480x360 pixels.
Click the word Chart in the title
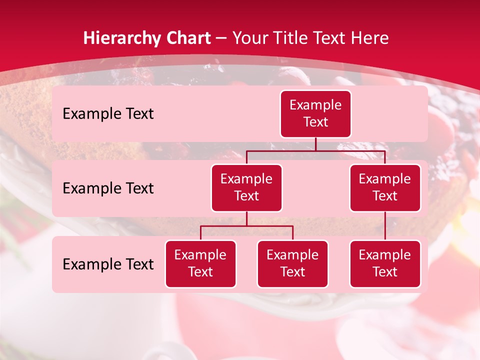pos(189,38)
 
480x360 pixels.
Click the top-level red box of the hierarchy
pos(315,114)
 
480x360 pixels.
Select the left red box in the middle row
pos(246,188)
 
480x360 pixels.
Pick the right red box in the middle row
pos(385,188)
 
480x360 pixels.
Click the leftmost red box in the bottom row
pos(200,264)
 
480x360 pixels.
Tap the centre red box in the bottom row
pos(292,264)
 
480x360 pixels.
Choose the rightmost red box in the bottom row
pos(385,264)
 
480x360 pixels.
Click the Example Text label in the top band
pos(108,114)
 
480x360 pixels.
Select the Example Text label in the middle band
pos(108,188)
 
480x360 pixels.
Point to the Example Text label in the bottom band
pos(108,264)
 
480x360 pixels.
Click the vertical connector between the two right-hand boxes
pos(385,226)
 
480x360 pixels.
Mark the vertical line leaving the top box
pos(315,144)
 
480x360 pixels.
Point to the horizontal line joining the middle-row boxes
pos(315,150)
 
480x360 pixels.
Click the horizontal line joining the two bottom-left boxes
pos(246,226)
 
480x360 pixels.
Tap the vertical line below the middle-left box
pos(246,218)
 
